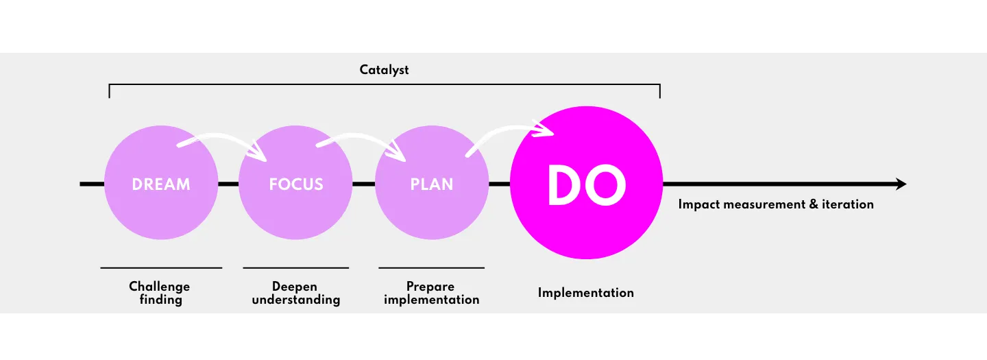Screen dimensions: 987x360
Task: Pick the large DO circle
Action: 586,184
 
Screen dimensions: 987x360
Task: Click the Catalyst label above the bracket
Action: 384,70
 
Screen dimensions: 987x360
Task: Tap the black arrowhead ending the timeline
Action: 900,184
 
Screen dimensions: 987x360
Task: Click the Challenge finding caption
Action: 160,293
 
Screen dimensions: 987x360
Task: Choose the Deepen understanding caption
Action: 295,293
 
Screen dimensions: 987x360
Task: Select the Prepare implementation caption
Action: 431,293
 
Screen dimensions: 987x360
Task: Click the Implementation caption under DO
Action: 585,293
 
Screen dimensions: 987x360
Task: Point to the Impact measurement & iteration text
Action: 775,204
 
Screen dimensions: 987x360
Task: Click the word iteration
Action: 848,204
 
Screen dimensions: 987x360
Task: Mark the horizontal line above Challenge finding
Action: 161,267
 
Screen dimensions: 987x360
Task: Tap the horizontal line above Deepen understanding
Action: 295,267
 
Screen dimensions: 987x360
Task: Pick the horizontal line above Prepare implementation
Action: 431,267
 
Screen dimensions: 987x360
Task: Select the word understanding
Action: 295,300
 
